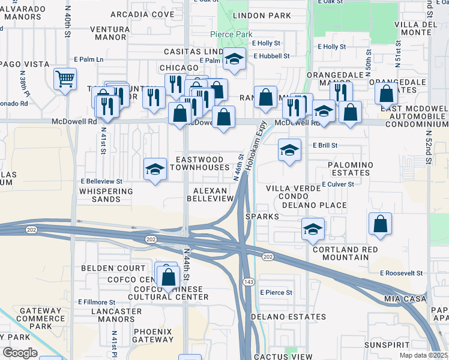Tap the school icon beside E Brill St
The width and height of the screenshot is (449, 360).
[289, 150]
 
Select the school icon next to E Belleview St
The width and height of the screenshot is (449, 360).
[155, 169]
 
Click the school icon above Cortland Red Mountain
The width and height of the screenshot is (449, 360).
[313, 229]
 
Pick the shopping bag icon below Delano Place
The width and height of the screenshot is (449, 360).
[381, 224]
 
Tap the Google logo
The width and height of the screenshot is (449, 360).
[20, 353]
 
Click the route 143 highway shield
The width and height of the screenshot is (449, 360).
[247, 281]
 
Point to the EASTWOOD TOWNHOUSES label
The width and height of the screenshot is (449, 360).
[199, 164]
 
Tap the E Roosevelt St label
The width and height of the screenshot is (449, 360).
[402, 272]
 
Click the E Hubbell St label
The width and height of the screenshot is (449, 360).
[271, 56]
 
